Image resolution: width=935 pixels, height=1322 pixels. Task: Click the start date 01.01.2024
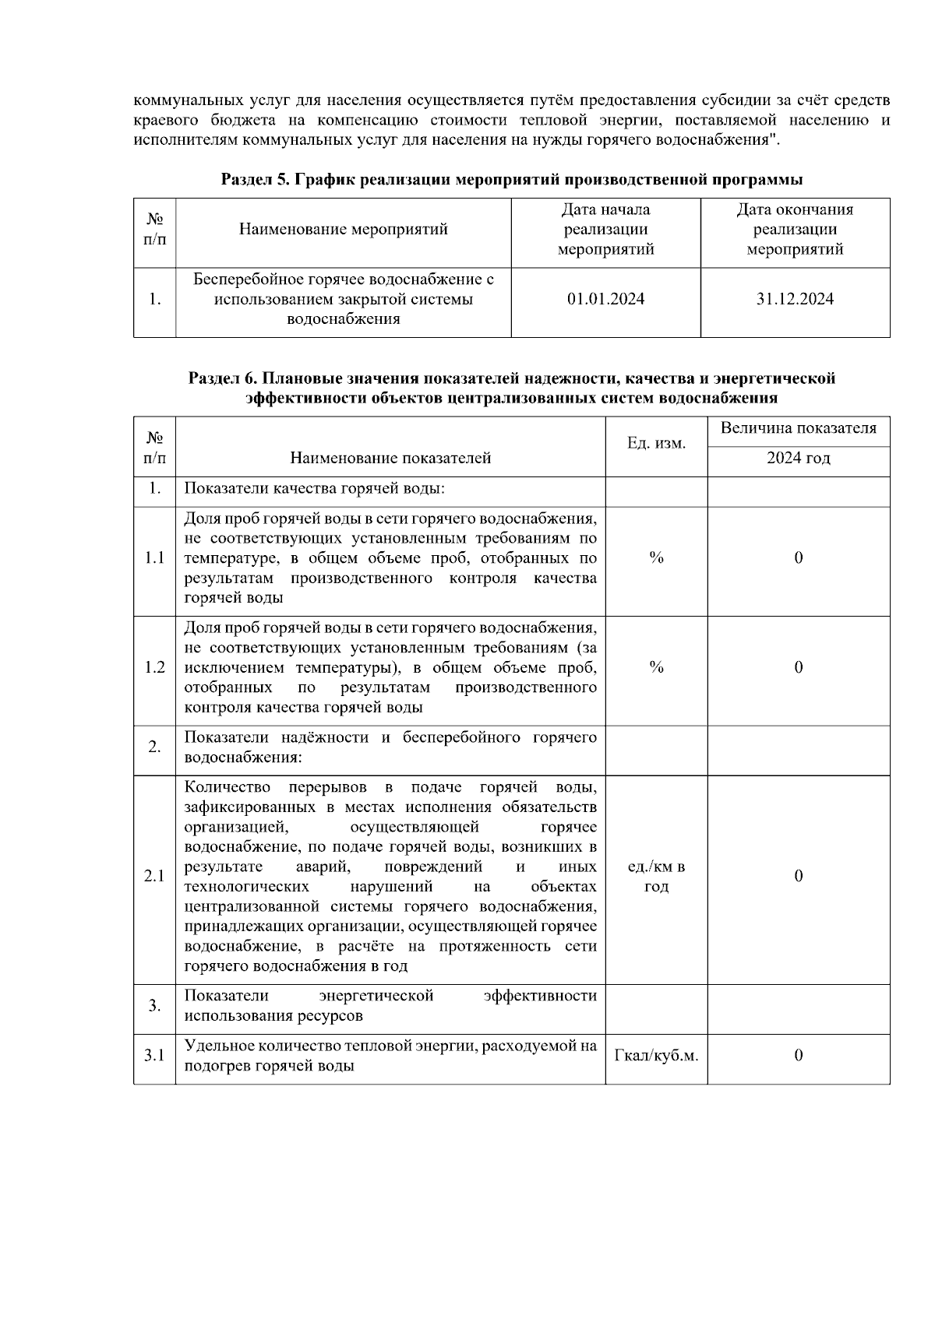605,300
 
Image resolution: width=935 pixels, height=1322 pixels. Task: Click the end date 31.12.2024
795,300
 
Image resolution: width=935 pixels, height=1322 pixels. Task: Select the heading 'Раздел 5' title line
512,180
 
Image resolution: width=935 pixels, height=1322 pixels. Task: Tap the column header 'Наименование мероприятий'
343,230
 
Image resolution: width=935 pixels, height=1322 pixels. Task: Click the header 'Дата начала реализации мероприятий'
605,230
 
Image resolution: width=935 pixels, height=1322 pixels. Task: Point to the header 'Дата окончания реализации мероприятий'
795,230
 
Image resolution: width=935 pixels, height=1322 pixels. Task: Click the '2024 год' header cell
798,459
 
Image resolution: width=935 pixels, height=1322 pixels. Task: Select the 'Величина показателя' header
798,428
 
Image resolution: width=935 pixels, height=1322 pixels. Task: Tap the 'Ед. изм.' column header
656,444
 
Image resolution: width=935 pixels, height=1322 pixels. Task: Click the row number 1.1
154,558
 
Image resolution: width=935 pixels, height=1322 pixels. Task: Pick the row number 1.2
154,668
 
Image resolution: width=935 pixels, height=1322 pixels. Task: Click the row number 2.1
154,877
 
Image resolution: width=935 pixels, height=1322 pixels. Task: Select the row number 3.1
154,1057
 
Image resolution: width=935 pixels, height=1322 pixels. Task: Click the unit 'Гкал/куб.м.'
656,1057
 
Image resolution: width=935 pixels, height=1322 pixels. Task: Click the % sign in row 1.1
656,558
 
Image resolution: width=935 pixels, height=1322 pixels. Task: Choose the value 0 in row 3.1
798,1057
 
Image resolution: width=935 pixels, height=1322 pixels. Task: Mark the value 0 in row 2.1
798,877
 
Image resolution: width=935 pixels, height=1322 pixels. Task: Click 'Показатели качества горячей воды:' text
314,489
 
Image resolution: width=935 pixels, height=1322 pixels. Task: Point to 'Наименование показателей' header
390,459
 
